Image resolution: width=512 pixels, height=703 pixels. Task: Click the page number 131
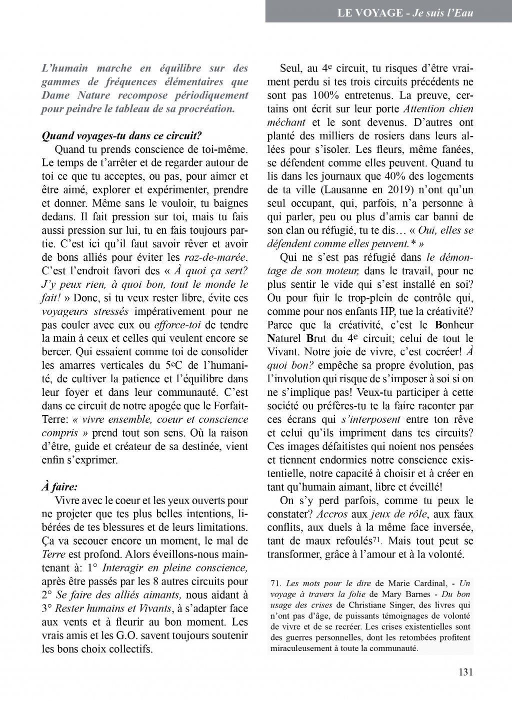coord(465,672)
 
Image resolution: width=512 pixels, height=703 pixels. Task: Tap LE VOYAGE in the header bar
coord(370,12)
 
